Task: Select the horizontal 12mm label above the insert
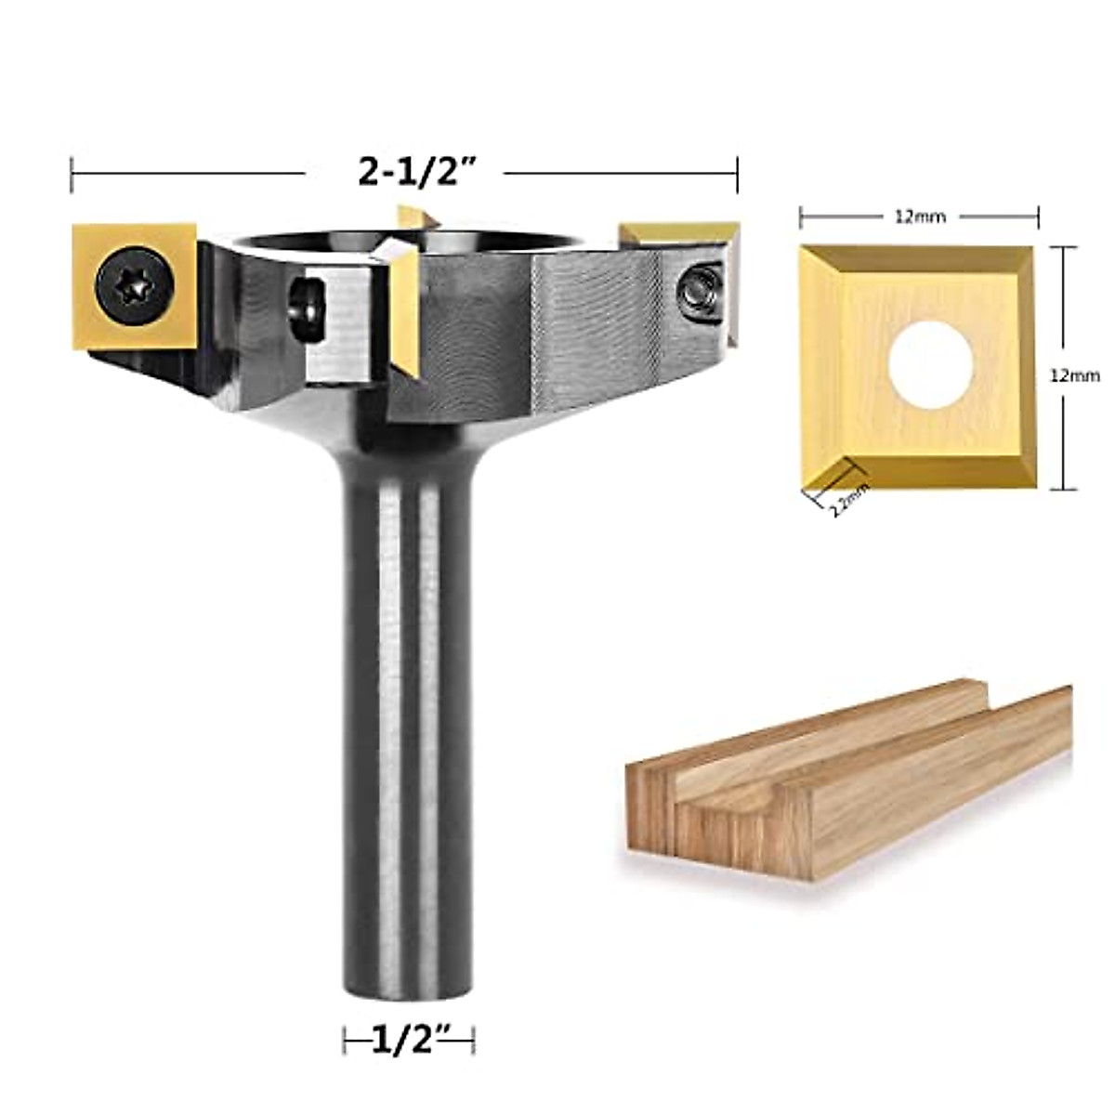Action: click(920, 217)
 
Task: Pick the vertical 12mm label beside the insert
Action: click(1075, 376)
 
